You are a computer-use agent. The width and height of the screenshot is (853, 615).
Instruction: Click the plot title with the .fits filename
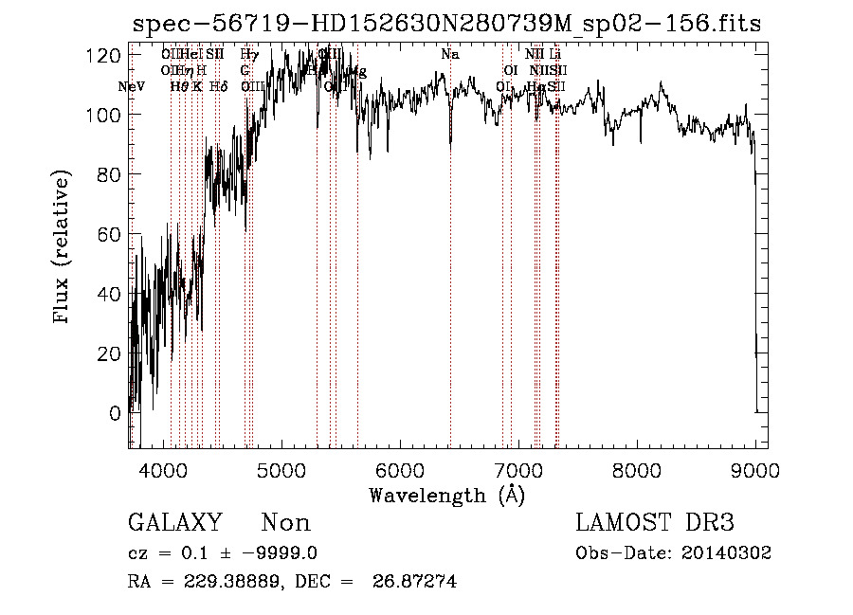click(445, 24)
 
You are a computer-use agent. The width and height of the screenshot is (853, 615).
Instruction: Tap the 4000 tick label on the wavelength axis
click(164, 469)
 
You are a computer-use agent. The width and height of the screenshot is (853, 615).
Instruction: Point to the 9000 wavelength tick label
click(754, 469)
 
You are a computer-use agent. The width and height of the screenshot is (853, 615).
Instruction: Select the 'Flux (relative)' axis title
click(64, 248)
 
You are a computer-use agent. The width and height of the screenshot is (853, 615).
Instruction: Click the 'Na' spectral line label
click(450, 55)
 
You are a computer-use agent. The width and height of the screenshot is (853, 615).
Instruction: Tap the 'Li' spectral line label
click(555, 55)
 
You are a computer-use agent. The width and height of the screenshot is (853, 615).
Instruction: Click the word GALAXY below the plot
click(175, 523)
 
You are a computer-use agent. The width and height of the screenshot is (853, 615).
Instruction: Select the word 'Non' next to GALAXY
click(286, 523)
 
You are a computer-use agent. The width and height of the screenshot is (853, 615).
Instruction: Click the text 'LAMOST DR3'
click(655, 523)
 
